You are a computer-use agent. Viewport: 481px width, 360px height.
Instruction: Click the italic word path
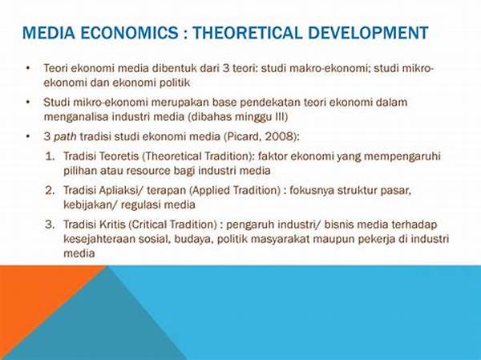coord(65,136)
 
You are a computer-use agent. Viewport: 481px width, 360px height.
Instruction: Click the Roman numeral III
coord(280,117)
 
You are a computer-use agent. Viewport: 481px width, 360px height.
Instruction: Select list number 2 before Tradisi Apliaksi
coord(50,190)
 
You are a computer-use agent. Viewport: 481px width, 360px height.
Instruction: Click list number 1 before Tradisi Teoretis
coord(50,156)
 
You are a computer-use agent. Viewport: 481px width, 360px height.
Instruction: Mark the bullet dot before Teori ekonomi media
coord(29,68)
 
